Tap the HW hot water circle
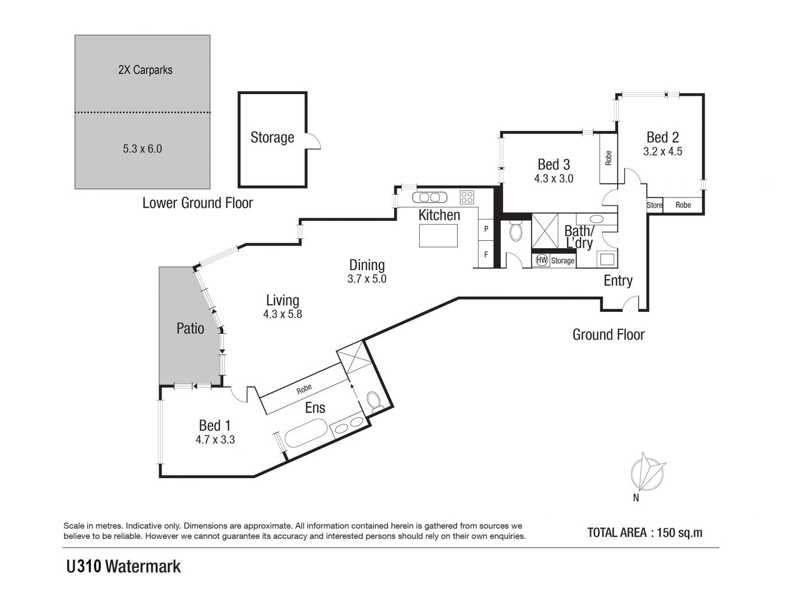click(x=542, y=260)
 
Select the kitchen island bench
click(x=438, y=235)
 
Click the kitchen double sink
click(x=429, y=197)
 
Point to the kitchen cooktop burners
click(x=466, y=197)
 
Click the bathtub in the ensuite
click(x=306, y=433)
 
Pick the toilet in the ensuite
click(x=375, y=402)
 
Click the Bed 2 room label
click(x=662, y=137)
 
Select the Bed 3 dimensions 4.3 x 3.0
click(x=554, y=179)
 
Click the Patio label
click(x=190, y=328)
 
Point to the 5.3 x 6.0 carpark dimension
click(x=142, y=149)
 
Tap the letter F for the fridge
click(x=486, y=255)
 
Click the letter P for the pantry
click(x=486, y=229)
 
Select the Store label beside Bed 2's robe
click(x=655, y=205)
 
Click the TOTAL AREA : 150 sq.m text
click(x=645, y=532)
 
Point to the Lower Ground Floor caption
click(x=197, y=203)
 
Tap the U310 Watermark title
click(x=124, y=567)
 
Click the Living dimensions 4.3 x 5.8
click(x=282, y=314)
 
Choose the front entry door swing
click(x=631, y=304)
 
